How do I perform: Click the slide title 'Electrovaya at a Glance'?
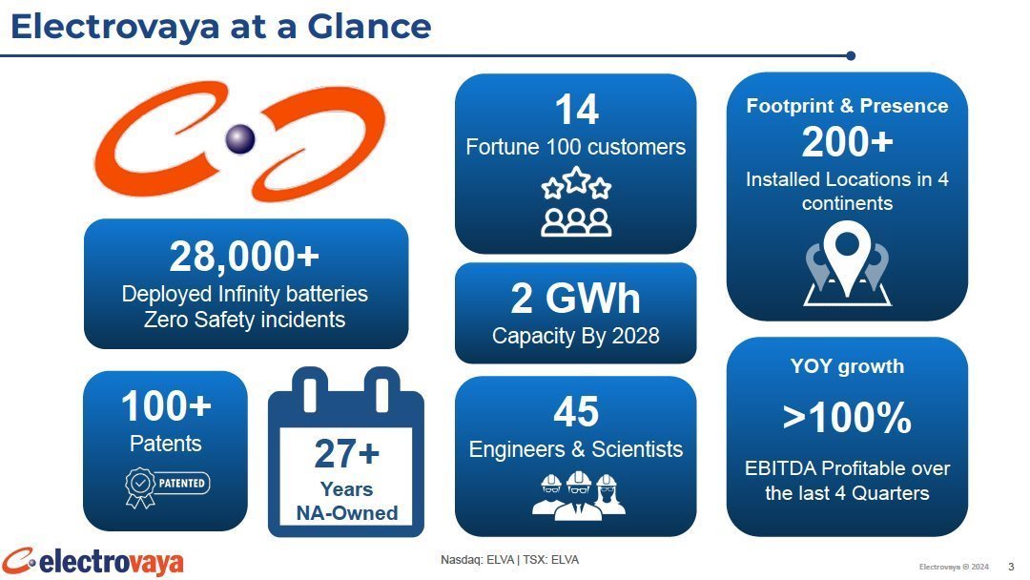[220, 27]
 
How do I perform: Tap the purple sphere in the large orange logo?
[240, 138]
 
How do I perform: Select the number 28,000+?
[244, 256]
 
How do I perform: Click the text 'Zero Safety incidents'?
[244, 320]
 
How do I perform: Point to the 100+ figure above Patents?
[166, 405]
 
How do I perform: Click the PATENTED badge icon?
[167, 487]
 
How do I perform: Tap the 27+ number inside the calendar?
[347, 453]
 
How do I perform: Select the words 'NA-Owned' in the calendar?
[347, 512]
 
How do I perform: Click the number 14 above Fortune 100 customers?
[576, 109]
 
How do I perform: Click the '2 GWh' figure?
[575, 298]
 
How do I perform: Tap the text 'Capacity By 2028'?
[575, 336]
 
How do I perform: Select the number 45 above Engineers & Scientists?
[576, 412]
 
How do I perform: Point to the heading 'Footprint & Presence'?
[848, 106]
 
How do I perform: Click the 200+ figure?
[848, 142]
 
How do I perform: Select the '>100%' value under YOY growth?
[848, 417]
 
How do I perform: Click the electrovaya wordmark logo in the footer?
[93, 562]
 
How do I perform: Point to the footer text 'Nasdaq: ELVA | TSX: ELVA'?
[509, 560]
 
